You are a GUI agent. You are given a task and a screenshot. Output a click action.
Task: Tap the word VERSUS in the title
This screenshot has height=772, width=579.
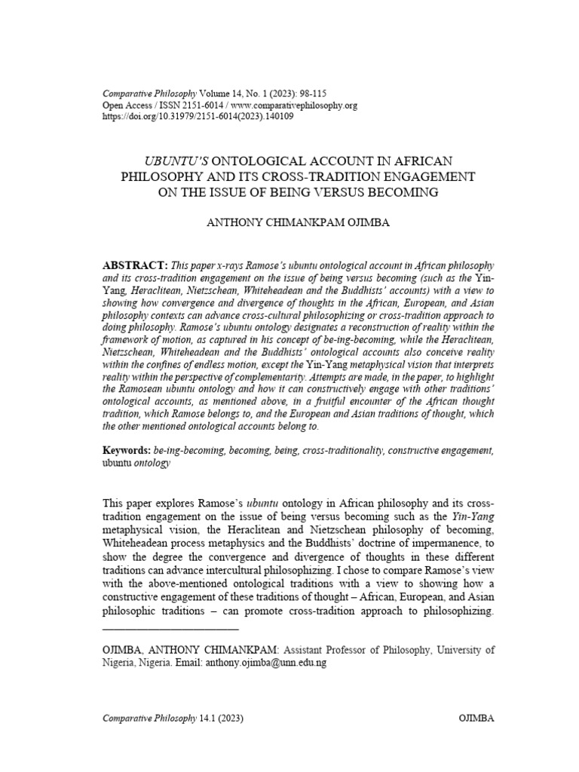(x=345, y=192)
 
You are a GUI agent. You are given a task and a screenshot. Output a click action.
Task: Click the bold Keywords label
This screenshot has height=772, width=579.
(x=126, y=450)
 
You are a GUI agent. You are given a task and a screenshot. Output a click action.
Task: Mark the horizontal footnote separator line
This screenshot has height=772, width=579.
(x=170, y=628)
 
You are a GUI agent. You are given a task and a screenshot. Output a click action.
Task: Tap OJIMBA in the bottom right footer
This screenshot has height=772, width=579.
(x=476, y=718)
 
